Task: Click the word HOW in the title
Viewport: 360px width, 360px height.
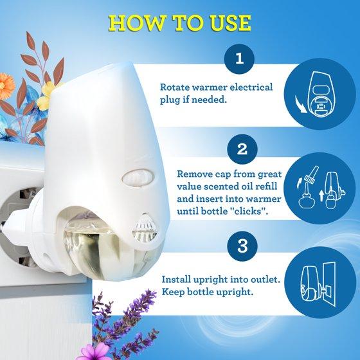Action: click(137, 23)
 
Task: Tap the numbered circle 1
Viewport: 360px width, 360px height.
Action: click(239, 59)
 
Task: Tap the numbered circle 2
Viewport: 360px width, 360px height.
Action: click(242, 149)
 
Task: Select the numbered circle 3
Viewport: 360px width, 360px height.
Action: click(242, 246)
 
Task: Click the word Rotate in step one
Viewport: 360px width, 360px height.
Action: click(174, 87)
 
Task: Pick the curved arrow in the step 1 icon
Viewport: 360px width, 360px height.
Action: click(300, 105)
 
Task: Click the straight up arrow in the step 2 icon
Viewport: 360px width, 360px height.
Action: click(321, 196)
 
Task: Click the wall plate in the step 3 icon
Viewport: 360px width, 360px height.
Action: click(329, 284)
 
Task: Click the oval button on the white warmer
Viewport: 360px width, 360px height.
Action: click(138, 177)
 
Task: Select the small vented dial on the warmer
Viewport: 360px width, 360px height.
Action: click(145, 228)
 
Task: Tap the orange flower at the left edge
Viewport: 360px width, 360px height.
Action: click(6, 86)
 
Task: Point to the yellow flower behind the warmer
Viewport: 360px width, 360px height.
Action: click(47, 96)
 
